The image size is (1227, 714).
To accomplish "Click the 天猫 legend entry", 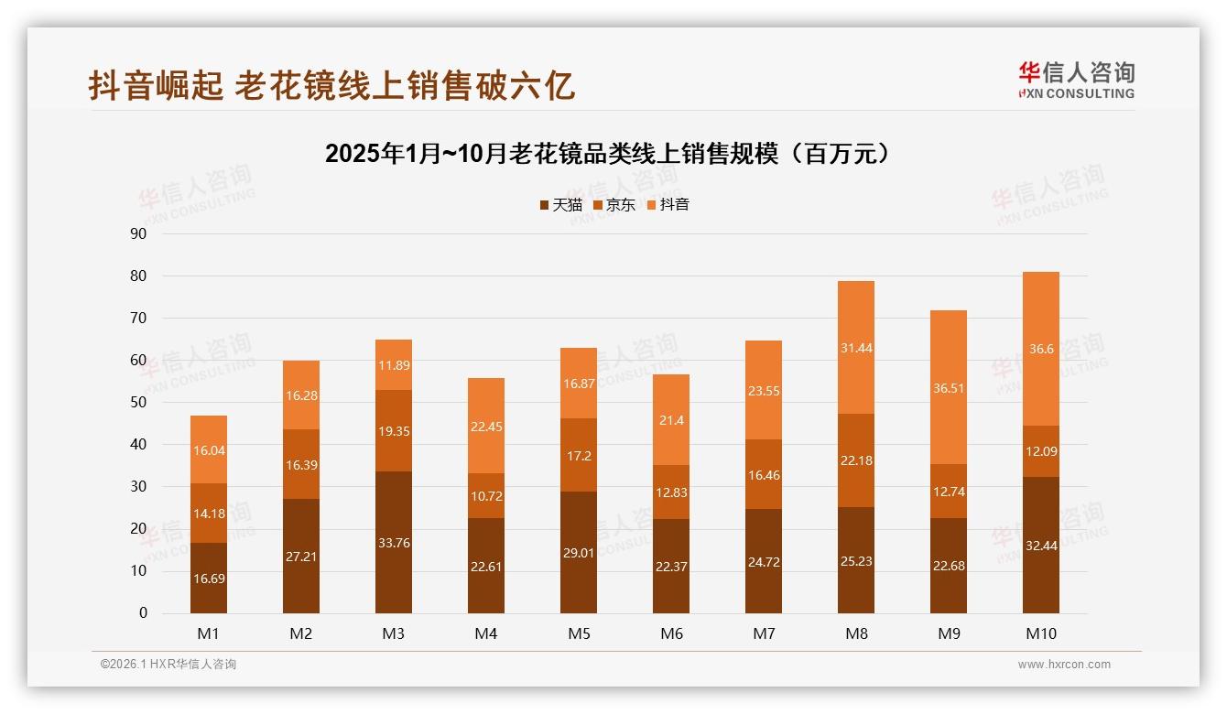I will tap(560, 205).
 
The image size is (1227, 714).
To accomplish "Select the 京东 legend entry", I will tap(614, 205).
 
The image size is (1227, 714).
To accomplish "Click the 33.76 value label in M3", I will tap(394, 542).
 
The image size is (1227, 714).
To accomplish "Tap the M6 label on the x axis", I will tap(671, 633).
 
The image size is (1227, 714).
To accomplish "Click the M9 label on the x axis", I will tap(949, 633).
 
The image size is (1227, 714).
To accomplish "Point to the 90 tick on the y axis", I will tap(138, 234).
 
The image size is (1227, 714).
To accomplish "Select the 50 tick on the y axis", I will tap(138, 403).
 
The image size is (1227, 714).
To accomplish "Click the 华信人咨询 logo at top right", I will tap(1076, 80).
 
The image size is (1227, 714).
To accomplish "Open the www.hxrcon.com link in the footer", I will tap(1064, 665).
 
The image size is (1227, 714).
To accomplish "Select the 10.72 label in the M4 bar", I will tap(486, 496).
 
